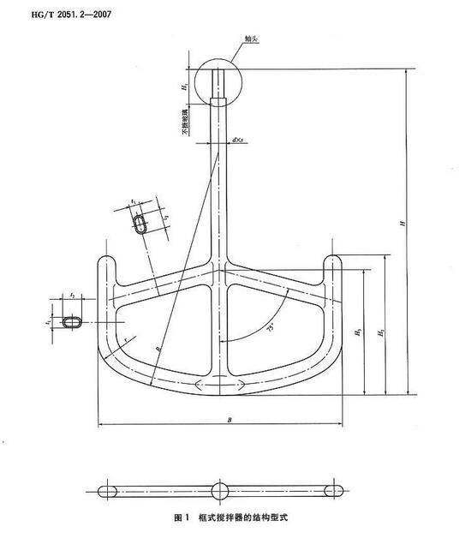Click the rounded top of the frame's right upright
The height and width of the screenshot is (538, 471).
pos(332,258)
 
